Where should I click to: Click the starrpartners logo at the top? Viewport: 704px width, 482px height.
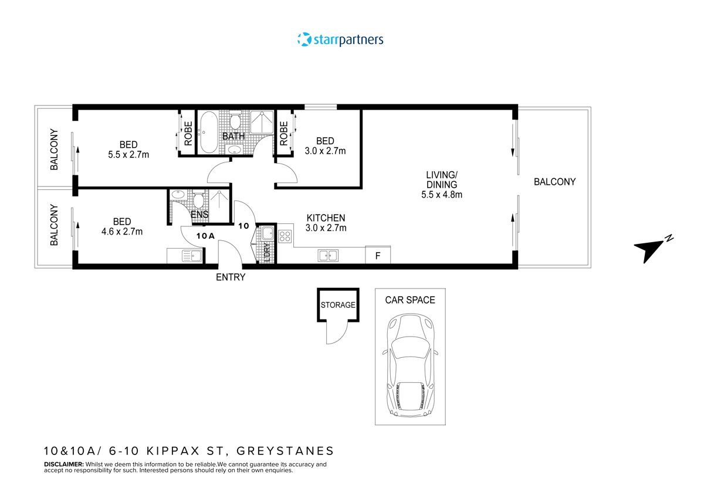coord(341,40)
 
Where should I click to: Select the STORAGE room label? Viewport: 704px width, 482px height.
coord(338,305)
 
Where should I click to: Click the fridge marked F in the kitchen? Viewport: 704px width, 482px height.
coord(378,255)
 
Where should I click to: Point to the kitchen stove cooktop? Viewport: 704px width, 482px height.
coord(285,236)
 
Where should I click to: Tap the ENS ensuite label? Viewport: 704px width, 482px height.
coord(199,215)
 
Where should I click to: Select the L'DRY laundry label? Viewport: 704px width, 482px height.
coord(267,252)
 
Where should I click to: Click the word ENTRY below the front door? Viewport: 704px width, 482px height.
coord(231,277)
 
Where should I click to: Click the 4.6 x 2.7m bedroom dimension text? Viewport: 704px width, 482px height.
coord(122,232)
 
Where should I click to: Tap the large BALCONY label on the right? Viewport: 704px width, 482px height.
coord(554,182)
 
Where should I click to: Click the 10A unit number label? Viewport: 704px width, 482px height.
coord(205,236)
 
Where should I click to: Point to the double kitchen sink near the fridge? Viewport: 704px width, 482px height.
coord(327,255)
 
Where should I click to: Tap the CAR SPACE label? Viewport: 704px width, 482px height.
coord(410,300)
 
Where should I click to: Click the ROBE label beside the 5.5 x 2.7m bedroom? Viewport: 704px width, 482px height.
coord(188,133)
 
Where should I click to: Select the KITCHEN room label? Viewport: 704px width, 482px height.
coord(326,218)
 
